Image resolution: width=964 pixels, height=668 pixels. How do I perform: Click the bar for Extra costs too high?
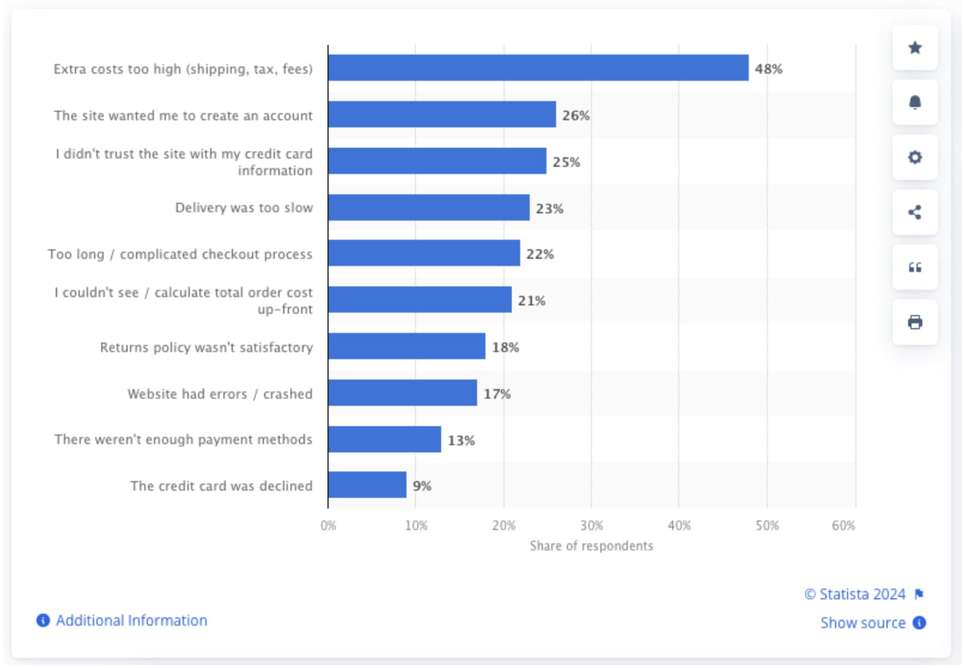(538, 68)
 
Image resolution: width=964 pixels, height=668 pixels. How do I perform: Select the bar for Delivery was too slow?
(429, 207)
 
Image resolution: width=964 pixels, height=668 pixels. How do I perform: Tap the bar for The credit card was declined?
(367, 485)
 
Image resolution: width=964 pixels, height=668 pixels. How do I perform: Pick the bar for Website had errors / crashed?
(403, 393)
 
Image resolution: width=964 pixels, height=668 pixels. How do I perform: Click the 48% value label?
(769, 69)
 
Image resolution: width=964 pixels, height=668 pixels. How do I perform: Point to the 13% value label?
(461, 441)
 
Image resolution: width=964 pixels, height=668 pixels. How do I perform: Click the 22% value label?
(540, 254)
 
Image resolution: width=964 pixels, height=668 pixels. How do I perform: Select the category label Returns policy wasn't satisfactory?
(206, 347)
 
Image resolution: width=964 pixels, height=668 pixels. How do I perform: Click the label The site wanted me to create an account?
(183, 116)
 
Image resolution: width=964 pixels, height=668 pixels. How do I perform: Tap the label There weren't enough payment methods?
(183, 439)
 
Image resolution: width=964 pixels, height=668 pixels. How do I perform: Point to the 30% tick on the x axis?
(591, 526)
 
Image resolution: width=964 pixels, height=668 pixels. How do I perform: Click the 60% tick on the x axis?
(843, 526)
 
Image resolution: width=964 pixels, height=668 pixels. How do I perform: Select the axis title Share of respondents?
(591, 546)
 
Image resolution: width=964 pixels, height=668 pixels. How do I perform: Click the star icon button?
(915, 48)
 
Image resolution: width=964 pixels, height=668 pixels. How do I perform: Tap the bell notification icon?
(915, 103)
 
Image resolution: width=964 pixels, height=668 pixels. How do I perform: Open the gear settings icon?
(915, 157)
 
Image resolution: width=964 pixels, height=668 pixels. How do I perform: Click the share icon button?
(915, 213)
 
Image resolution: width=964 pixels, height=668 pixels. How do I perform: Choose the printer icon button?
(915, 323)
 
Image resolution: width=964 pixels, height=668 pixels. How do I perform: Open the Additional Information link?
(131, 621)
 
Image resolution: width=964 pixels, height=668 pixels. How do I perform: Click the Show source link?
(863, 623)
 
